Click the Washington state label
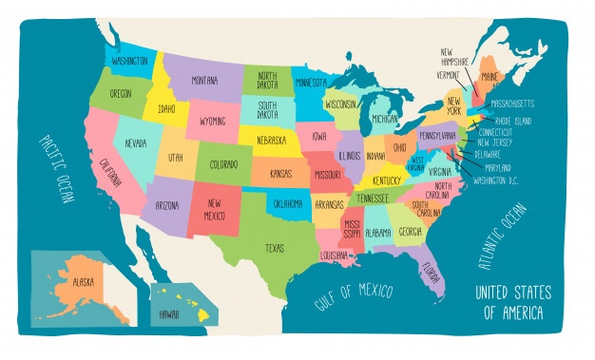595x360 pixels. tap(129, 61)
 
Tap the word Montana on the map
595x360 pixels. tap(205, 81)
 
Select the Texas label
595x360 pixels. tap(274, 248)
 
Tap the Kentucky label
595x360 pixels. tap(387, 180)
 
